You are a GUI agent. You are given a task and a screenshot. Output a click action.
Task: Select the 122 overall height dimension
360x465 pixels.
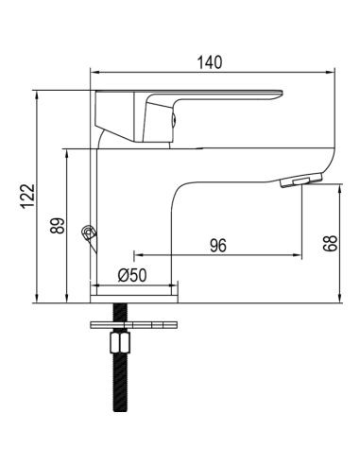(27, 197)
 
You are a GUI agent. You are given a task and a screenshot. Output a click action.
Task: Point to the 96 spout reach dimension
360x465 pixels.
(217, 246)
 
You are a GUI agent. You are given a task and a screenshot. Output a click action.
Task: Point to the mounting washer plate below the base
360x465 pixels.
(133, 325)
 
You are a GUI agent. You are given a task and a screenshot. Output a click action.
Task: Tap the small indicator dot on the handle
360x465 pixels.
(173, 119)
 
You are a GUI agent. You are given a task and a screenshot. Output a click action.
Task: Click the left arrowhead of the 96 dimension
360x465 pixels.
(138, 255)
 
